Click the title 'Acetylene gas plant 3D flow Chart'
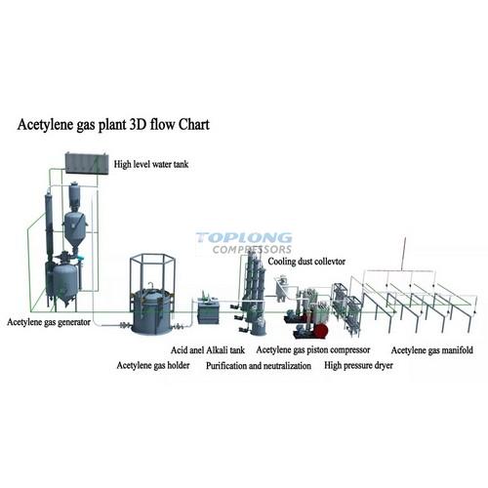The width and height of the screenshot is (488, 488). (113, 125)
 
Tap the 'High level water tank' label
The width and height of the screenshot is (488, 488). (151, 164)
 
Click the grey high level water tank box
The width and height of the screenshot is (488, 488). (87, 163)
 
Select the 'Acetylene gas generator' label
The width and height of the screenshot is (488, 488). (49, 322)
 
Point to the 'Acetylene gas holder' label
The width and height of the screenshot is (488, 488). (153, 365)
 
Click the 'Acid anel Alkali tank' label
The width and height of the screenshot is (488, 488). (208, 350)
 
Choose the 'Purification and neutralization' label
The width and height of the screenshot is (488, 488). (259, 366)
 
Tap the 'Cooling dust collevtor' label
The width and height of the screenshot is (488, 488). (306, 262)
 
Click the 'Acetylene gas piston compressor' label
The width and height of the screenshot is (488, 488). (313, 350)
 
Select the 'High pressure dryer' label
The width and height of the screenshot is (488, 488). (358, 365)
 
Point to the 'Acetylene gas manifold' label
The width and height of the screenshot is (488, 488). (432, 350)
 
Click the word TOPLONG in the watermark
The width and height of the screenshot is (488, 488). (244, 238)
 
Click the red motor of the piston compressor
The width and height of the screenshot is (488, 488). (321, 331)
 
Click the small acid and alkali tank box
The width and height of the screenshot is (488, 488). (209, 311)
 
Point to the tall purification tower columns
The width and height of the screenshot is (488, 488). (254, 293)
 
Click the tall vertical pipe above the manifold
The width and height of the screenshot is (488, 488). (404, 254)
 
